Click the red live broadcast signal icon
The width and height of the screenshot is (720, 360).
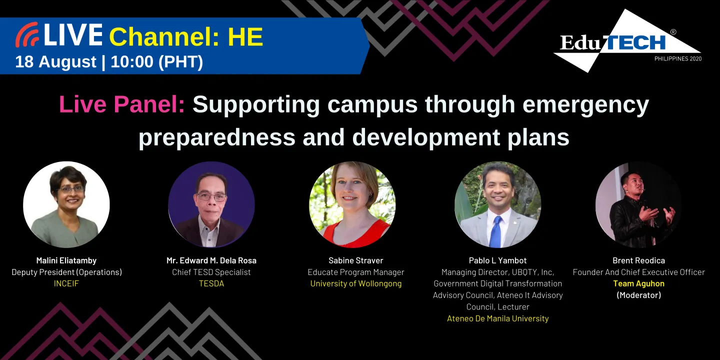[x=27, y=35]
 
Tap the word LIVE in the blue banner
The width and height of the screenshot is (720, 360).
[x=73, y=35]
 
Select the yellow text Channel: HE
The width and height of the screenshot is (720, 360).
[x=186, y=36]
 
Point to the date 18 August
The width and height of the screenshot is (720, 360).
[x=55, y=61]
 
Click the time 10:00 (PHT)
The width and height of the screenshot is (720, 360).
[x=156, y=61]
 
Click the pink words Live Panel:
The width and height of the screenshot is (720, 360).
[x=122, y=104]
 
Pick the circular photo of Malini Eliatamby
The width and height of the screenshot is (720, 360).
[x=66, y=204]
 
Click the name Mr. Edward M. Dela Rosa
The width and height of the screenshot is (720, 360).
[x=211, y=260]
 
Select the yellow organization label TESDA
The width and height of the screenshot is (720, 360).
[x=211, y=283]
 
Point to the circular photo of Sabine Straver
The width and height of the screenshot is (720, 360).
[x=352, y=204]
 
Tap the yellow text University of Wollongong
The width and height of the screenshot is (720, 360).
[x=356, y=283]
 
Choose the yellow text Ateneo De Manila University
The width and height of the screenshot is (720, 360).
[x=497, y=318]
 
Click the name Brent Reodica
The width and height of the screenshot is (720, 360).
[x=638, y=260]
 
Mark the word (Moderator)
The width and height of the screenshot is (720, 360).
[x=638, y=295]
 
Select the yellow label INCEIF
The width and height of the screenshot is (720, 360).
[x=66, y=283]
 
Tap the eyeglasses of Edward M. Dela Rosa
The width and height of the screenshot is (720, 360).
[x=212, y=196]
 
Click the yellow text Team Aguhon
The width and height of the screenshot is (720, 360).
[x=638, y=283]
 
